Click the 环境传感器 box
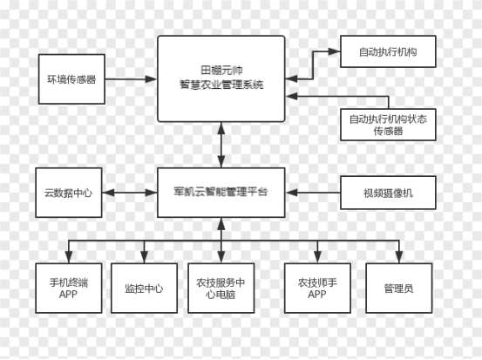71,79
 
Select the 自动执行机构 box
388,51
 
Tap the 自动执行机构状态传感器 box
388,125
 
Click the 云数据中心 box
69,193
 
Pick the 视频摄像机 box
388,193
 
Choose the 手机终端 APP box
69,288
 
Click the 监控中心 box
144,288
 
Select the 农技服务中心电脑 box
221,288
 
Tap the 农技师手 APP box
317,288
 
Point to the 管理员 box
399,288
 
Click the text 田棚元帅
221,70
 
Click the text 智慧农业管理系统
221,85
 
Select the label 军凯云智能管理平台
221,192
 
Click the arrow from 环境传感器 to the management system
131,79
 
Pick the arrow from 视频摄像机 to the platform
313,193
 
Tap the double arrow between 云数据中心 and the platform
129,193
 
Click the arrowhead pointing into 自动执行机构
334,51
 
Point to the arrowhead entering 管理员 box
399,256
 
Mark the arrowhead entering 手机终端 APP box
69,256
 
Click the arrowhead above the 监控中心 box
144,256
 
